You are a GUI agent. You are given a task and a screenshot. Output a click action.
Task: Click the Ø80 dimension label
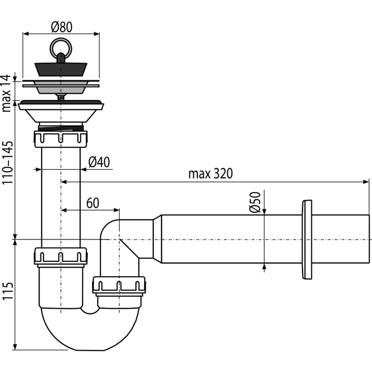61,27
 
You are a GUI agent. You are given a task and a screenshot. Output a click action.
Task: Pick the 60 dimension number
93,203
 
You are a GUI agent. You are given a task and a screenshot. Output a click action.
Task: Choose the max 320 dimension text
210,174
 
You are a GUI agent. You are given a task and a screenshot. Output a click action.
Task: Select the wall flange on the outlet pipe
307,239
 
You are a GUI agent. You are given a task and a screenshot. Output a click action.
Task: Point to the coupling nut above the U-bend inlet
61,256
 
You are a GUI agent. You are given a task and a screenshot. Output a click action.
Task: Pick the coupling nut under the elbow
119,285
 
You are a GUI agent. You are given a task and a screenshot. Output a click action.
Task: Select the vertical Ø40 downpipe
61,193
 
